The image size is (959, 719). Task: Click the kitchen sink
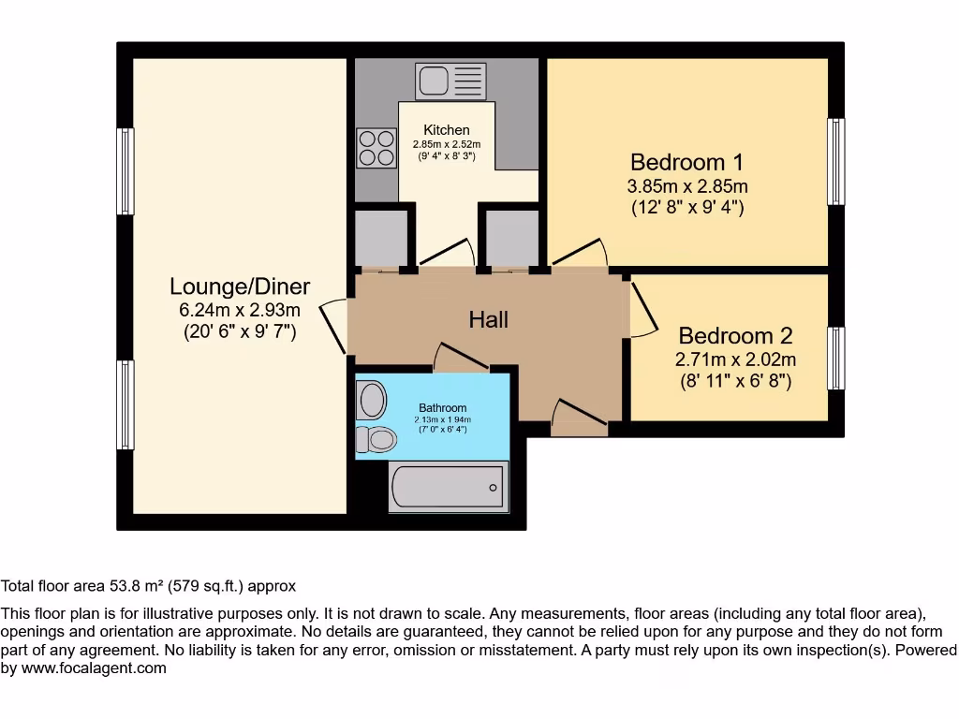[450, 81]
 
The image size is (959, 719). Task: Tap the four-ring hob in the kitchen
[376, 147]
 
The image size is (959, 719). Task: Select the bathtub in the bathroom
[448, 486]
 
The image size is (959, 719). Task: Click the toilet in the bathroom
[377, 438]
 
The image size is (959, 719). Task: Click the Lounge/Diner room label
[240, 286]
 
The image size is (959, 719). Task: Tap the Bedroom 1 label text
[686, 161]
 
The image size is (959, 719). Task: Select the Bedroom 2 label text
[735, 335]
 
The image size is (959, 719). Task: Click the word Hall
[488, 320]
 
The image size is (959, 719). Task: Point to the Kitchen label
[447, 129]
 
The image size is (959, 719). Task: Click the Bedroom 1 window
[835, 161]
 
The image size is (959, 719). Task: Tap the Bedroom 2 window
[835, 359]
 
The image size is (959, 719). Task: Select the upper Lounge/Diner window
[125, 171]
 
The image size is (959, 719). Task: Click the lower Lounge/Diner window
[125, 404]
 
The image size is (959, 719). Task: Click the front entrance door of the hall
[579, 418]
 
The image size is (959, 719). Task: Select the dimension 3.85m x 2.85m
[686, 186]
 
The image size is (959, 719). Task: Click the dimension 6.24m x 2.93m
[240, 310]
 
